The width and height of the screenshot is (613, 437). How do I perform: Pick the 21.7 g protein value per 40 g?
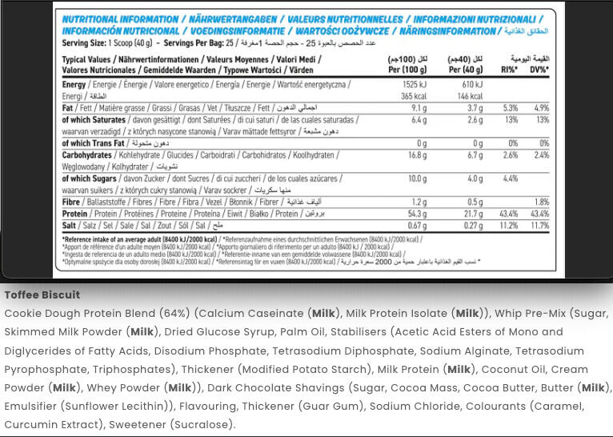[x=474, y=214]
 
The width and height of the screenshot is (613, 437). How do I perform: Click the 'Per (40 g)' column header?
[x=467, y=70]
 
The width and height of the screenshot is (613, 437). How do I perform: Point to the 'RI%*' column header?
[x=509, y=70]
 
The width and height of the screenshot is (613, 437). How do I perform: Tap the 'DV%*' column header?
[x=539, y=70]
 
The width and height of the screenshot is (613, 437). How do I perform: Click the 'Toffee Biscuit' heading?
[x=42, y=295]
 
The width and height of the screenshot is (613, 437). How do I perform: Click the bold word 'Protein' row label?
[x=74, y=214]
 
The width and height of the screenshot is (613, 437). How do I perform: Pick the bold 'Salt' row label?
[x=70, y=226]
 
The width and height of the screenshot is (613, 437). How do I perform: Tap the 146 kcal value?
[x=471, y=96]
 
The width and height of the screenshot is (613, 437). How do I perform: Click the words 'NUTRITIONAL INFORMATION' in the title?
[x=120, y=19]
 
